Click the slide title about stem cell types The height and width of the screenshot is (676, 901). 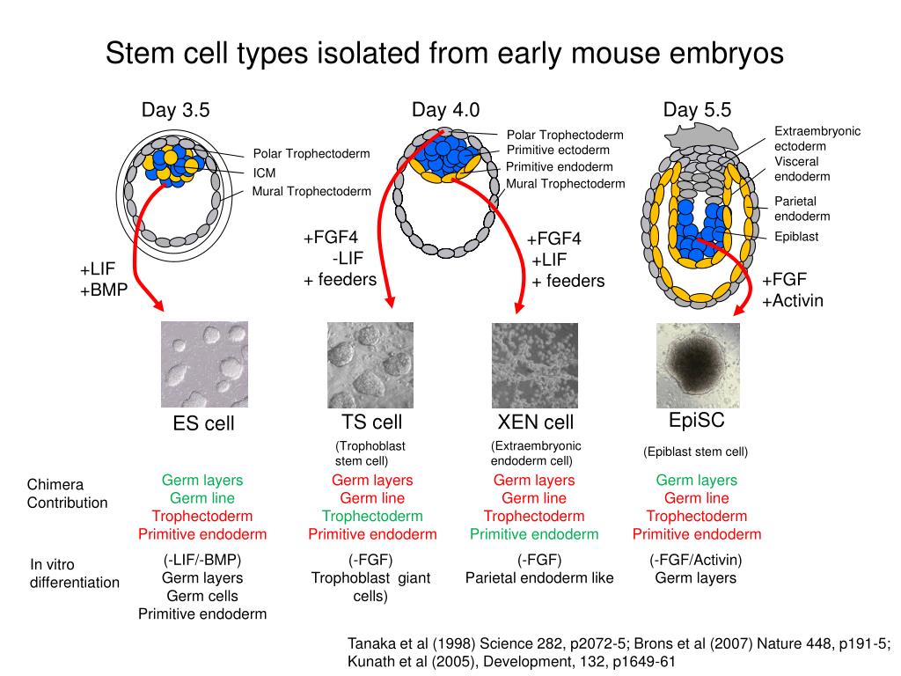point(444,53)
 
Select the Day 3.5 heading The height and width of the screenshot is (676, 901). point(176,110)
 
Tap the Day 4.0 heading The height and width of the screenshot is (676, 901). point(445,110)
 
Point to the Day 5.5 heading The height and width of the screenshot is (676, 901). point(697,110)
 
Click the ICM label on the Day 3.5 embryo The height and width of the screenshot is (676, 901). point(265,173)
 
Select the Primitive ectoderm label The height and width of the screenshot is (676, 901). point(558,151)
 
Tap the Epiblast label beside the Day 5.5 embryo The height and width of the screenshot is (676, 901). point(796,236)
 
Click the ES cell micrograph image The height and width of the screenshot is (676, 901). point(204,364)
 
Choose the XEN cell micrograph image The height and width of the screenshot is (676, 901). point(534,364)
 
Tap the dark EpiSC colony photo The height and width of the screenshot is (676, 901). point(698,364)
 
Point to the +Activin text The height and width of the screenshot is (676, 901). point(793,300)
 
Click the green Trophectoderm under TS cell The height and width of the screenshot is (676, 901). point(371,516)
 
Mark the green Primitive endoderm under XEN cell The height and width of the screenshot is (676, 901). point(533,534)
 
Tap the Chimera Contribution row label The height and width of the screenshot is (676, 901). point(67,494)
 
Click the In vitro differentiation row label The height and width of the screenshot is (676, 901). point(75,573)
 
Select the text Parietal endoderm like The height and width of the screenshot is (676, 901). point(539,578)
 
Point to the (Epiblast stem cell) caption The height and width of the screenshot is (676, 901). point(695,452)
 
